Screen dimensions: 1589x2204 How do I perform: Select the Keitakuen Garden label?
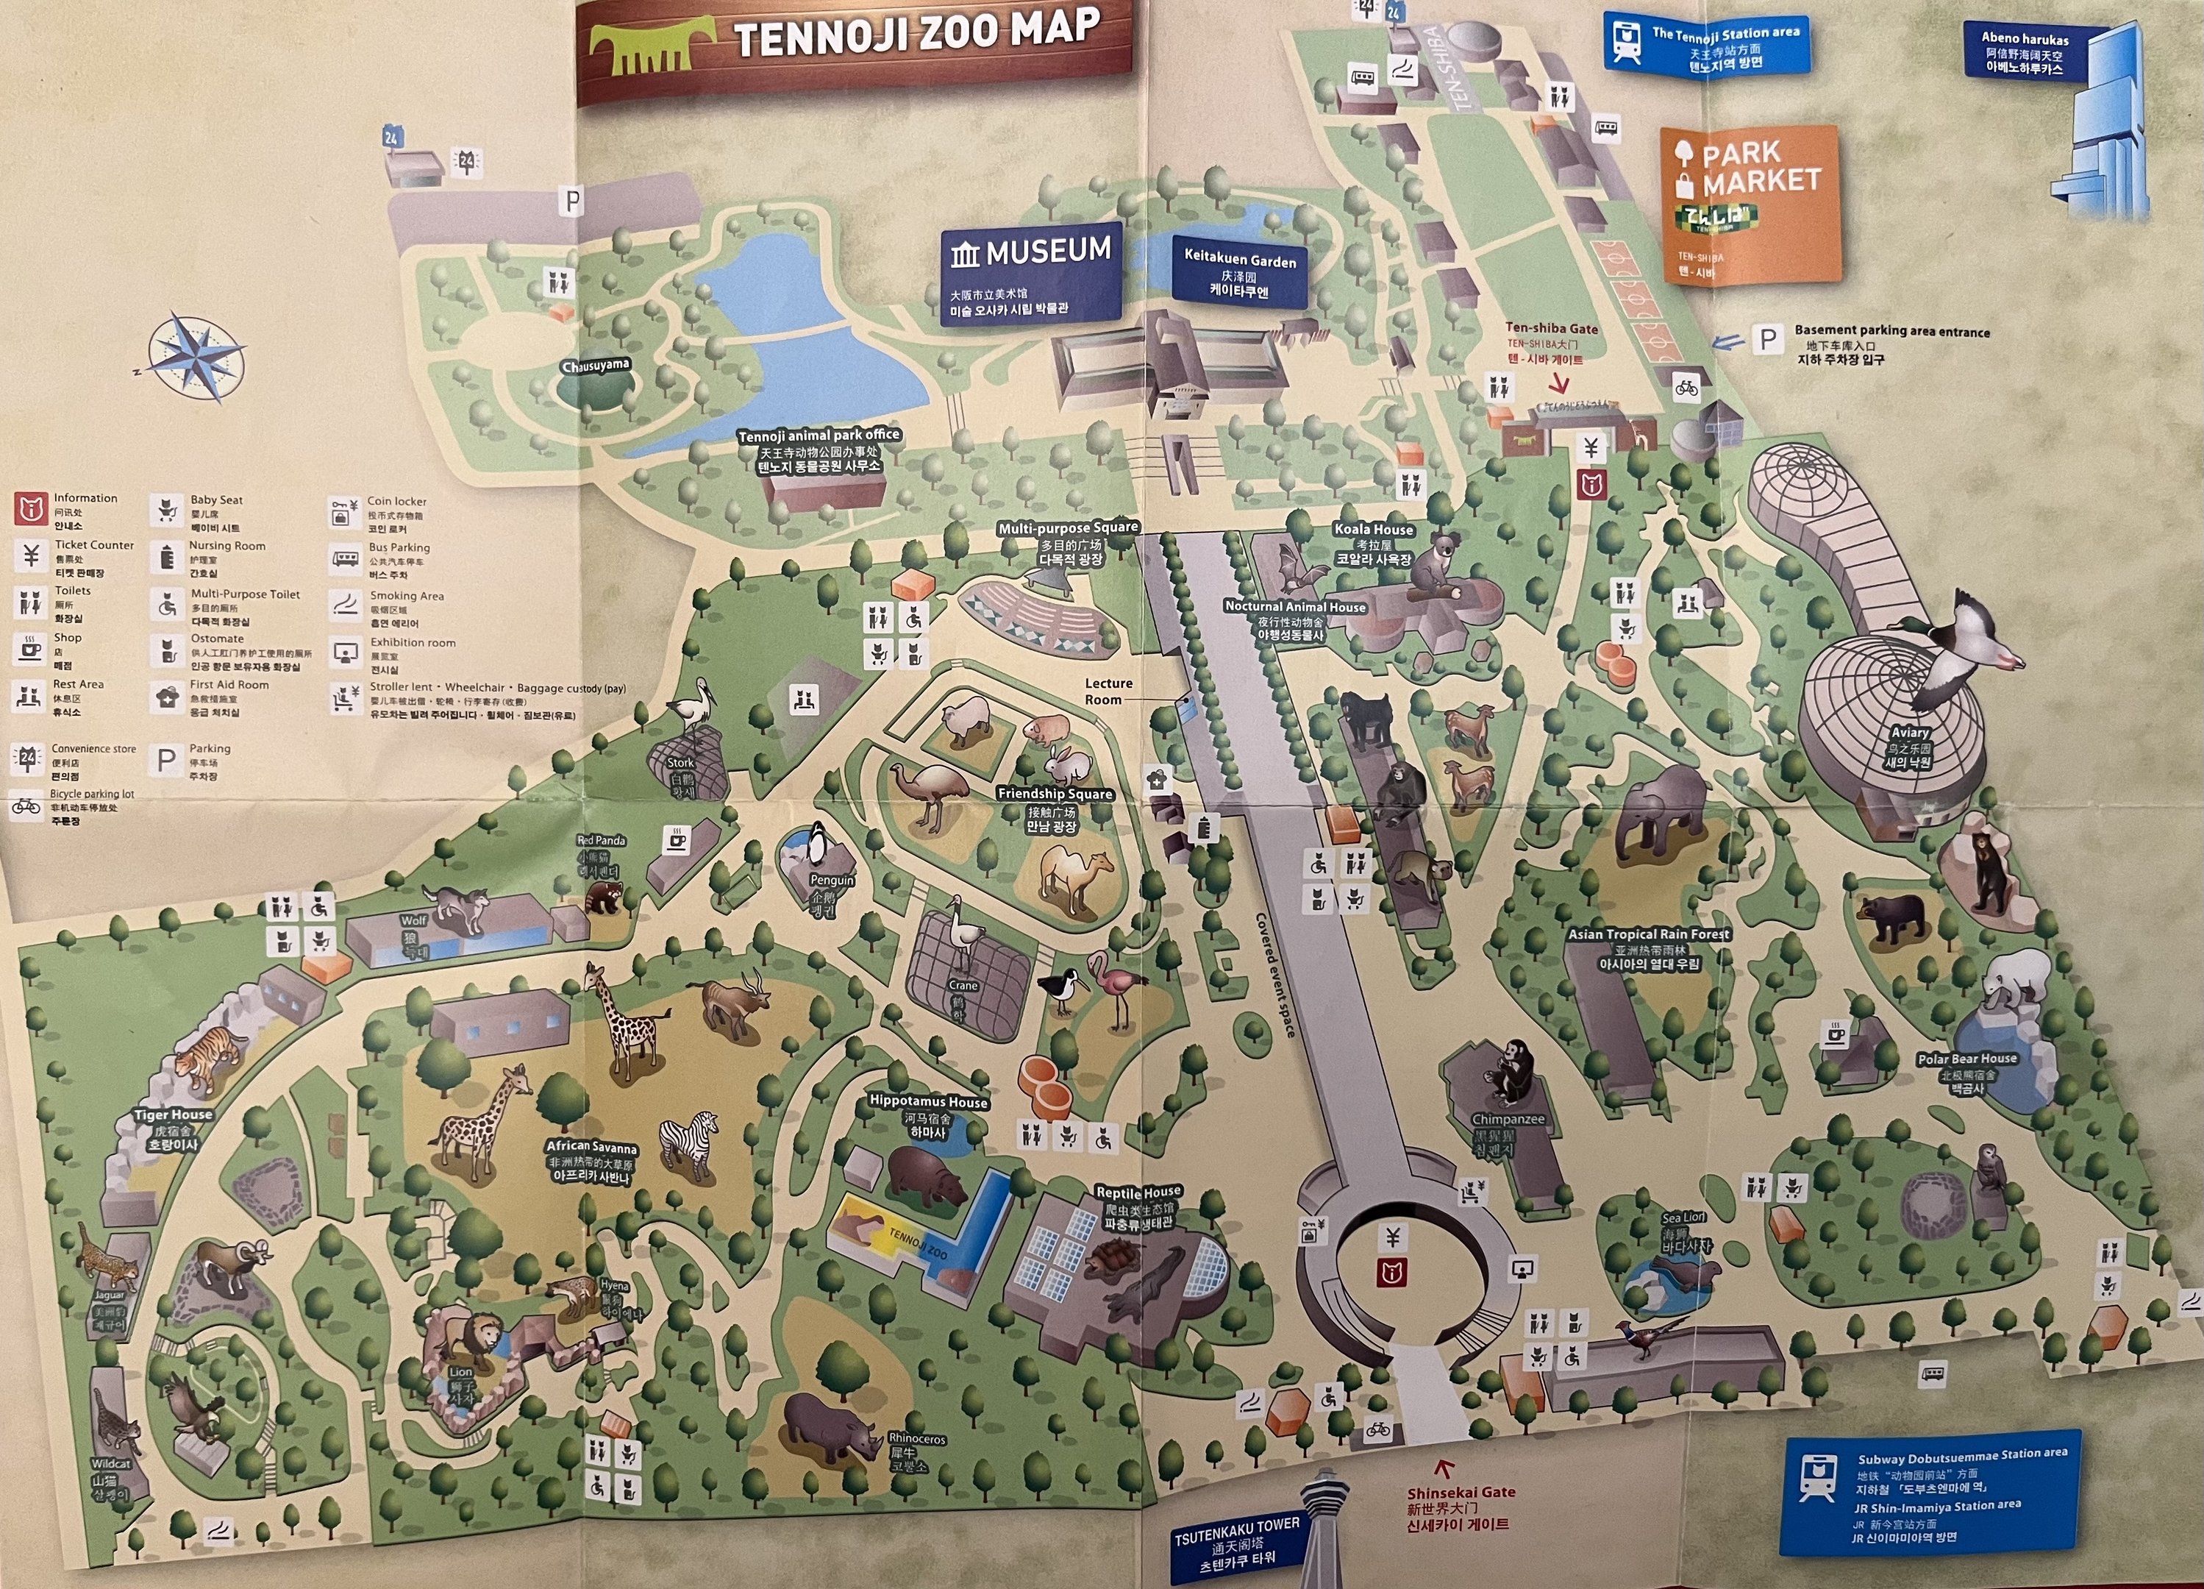[x=1239, y=273]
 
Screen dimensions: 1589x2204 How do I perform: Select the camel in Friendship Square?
[x=1074, y=880]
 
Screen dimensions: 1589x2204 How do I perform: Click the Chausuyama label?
[x=595, y=366]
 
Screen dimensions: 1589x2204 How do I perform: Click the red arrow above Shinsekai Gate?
[x=1444, y=1468]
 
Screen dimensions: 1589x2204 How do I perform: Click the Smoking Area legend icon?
[x=346, y=605]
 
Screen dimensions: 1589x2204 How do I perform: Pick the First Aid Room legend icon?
[x=167, y=697]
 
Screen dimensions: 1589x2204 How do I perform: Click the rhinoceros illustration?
[x=829, y=1425]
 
